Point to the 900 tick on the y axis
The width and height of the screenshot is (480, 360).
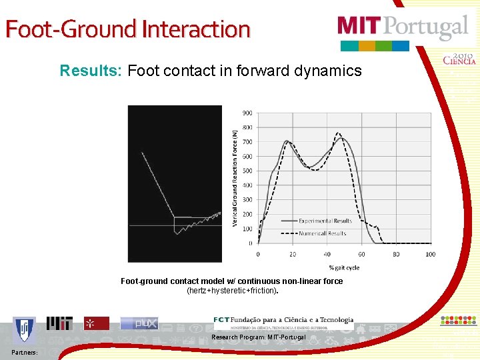[247, 113]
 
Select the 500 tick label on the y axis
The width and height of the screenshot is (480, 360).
[247, 171]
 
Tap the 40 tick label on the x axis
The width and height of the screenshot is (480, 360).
[327, 254]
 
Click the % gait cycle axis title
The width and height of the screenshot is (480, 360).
[343, 267]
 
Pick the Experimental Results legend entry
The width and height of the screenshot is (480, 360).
[325, 221]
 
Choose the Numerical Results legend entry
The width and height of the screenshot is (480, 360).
[322, 233]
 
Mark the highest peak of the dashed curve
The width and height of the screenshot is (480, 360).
[339, 133]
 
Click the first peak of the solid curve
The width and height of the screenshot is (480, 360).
[287, 141]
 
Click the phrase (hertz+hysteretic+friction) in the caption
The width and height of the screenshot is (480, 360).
[231, 291]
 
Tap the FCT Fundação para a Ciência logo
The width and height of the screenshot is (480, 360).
[283, 322]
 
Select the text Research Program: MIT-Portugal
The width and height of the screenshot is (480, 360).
[259, 337]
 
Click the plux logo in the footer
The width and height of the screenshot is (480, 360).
[139, 323]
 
